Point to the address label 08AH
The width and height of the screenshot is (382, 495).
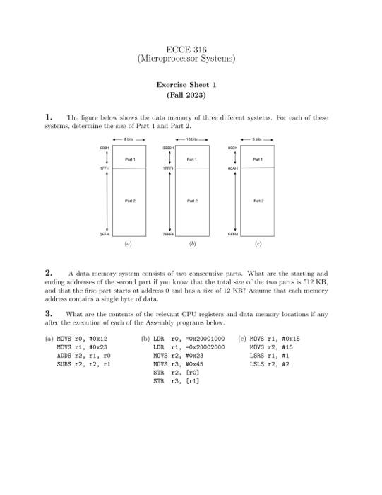[234, 169]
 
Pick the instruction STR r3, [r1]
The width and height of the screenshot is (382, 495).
[177, 381]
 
